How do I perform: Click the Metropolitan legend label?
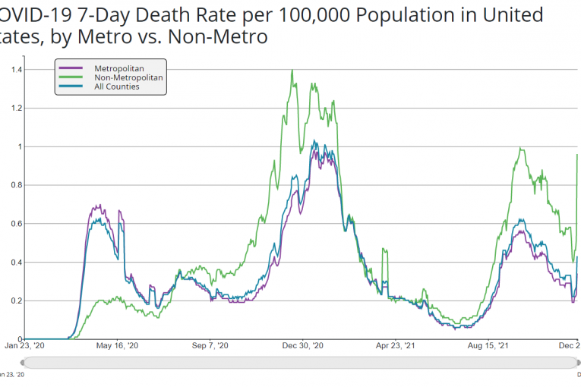119,68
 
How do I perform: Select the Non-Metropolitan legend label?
128,77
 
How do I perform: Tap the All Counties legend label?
117,87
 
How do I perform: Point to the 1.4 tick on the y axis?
16,70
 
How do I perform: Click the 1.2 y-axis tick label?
16,109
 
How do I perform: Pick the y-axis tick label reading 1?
20,147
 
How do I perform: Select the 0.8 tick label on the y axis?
16,185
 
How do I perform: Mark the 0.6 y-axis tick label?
16,224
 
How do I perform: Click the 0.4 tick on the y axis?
16,263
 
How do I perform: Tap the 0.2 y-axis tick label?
16,301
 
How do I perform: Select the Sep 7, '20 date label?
210,346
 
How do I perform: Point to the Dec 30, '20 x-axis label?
304,346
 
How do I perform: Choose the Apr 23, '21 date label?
396,346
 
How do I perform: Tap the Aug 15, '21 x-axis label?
488,346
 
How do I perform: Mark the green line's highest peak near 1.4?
292,71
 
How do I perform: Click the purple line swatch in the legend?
71,68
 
